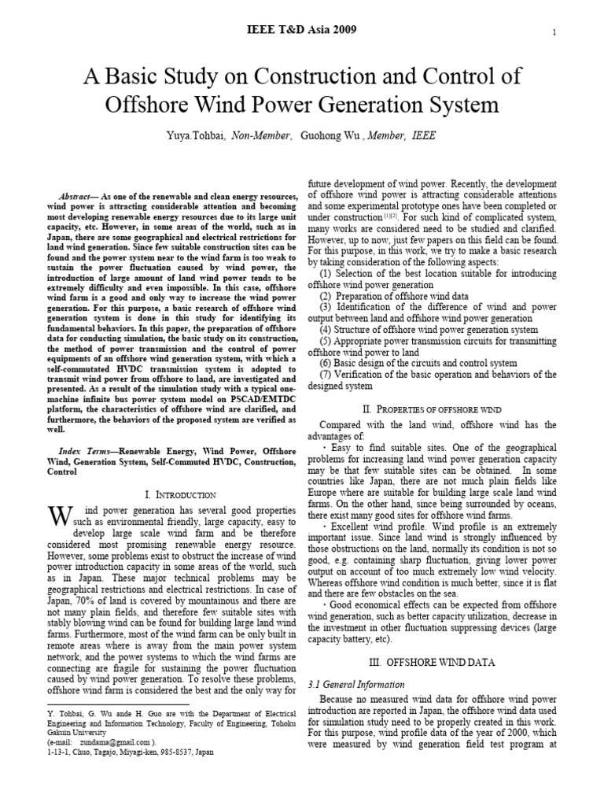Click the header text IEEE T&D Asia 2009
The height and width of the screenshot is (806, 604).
coord(302,30)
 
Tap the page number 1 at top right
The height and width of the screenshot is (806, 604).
coord(554,32)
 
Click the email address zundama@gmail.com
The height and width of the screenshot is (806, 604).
coord(115,741)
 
